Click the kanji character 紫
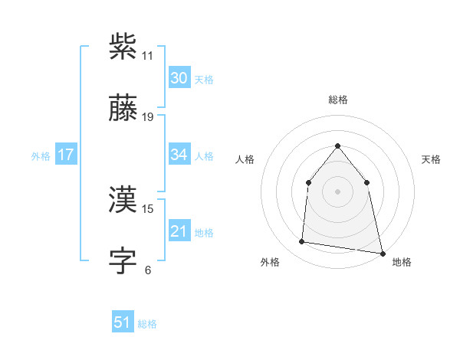[123, 47]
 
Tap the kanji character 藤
[123, 109]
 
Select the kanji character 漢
[123, 199]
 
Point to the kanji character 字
[123, 261]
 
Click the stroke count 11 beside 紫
[148, 56]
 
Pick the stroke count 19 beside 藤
[148, 117]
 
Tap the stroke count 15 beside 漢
[148, 208]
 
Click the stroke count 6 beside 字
[148, 270]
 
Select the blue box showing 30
[179, 77]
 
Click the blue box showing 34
[179, 155]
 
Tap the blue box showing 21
[179, 231]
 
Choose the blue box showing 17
[66, 155]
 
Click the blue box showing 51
[123, 322]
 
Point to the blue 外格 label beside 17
[41, 155]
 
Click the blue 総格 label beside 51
[147, 324]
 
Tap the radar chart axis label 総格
[337, 100]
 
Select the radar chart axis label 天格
[432, 159]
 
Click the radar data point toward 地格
[382, 253]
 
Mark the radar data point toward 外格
[302, 242]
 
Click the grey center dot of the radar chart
[337, 191]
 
